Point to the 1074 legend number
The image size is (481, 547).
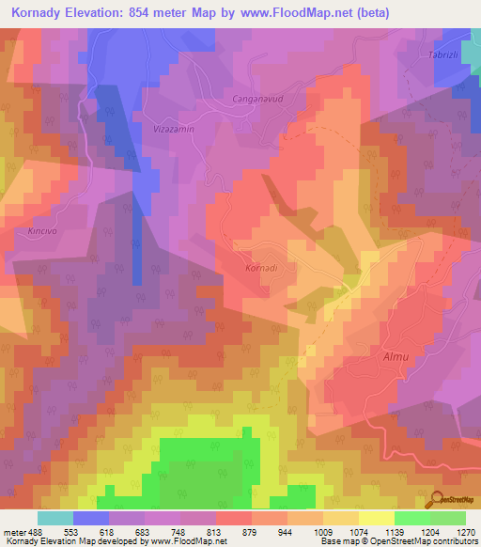click(x=357, y=531)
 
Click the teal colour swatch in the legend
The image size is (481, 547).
click(x=55, y=518)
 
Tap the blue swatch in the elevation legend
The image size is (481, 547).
click(x=91, y=518)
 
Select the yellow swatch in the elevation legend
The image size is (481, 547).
click(x=376, y=518)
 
